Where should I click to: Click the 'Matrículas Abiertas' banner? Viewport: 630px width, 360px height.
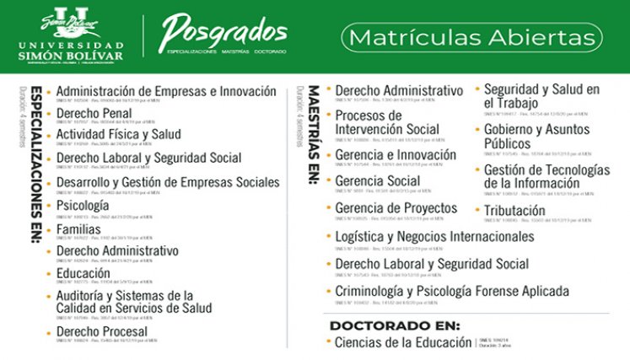(x=471, y=38)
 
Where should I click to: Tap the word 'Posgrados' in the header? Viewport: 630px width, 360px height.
(x=223, y=31)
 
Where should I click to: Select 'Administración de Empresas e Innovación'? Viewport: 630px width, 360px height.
(x=165, y=91)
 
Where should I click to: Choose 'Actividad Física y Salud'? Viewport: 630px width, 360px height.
(x=118, y=135)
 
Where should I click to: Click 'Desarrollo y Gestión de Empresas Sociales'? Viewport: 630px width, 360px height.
(x=167, y=182)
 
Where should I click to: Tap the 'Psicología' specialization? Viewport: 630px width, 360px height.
(x=82, y=206)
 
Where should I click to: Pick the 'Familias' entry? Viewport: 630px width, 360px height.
(x=78, y=228)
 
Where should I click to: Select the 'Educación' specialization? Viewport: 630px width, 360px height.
(x=83, y=274)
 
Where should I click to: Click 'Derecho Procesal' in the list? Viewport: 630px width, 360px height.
(x=101, y=332)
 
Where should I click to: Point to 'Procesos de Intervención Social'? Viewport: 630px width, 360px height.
(x=386, y=122)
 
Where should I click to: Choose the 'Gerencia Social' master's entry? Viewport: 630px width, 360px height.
(x=377, y=181)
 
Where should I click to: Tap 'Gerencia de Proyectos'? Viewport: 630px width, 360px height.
(x=396, y=208)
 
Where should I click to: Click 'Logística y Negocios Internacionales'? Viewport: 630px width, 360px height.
(x=434, y=237)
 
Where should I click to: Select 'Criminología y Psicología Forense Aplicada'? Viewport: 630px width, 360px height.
(x=451, y=292)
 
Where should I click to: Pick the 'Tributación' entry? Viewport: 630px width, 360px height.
(x=514, y=211)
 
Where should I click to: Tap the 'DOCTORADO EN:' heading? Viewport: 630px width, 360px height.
(x=395, y=325)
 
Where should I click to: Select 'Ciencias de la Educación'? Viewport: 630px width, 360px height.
(x=403, y=342)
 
